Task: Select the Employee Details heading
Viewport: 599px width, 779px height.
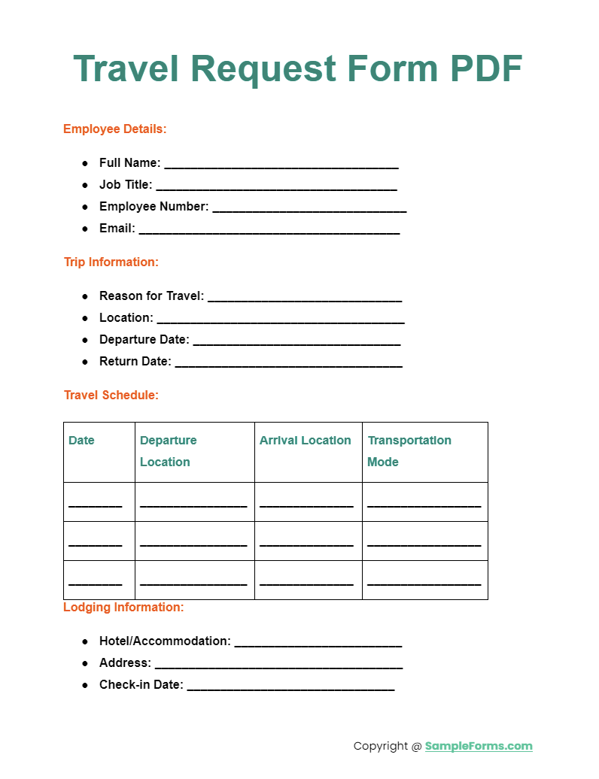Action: (115, 129)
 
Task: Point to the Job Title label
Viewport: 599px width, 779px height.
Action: (126, 184)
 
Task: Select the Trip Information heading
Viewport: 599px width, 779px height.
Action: (111, 262)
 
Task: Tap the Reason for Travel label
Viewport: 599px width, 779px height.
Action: (151, 296)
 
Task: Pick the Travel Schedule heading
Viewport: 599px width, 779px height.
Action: (111, 395)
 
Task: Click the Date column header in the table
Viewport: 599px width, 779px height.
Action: (81, 441)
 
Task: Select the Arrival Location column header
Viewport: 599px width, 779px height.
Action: (305, 441)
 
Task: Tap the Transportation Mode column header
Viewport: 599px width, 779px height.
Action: (409, 450)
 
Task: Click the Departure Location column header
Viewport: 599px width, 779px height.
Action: (168, 450)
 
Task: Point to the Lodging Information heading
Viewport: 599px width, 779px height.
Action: (123, 607)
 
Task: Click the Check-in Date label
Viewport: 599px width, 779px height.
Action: (141, 684)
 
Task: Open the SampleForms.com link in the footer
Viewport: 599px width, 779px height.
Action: (479, 746)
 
